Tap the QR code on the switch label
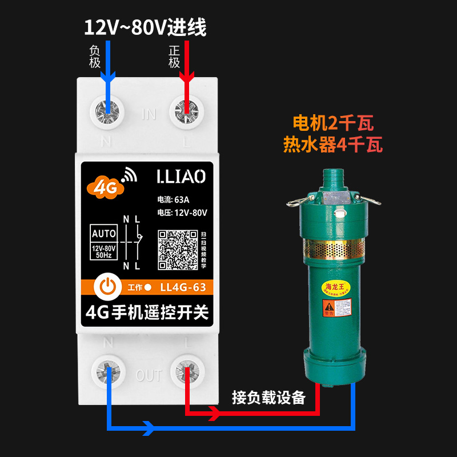tap(178, 250)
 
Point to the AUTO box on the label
tap(104, 234)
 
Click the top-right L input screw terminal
tap(186, 109)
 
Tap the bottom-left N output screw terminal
tap(107, 374)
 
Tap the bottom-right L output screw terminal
tap(186, 374)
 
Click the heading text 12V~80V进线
tap(145, 27)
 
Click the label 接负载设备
tap(268, 397)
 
